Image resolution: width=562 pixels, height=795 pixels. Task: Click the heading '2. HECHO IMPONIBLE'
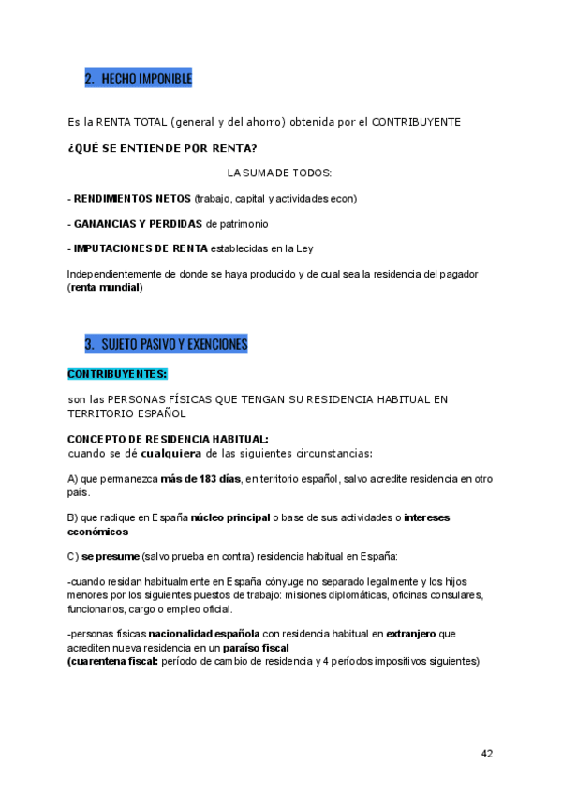[x=138, y=80]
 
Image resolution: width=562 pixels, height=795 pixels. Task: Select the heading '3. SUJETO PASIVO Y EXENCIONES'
[x=166, y=344]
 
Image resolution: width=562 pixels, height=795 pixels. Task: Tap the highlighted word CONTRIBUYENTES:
[x=117, y=374]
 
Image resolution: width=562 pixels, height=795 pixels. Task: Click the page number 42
[x=487, y=754]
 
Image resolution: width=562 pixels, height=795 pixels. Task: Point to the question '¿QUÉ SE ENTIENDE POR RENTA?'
[x=162, y=148]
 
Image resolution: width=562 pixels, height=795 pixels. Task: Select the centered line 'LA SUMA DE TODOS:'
[x=279, y=173]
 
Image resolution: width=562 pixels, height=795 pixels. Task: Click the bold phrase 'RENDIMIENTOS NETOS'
[x=132, y=199]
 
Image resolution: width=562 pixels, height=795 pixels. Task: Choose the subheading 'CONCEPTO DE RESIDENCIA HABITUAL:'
[x=168, y=439]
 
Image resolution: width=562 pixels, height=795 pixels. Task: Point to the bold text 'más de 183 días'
[x=200, y=479]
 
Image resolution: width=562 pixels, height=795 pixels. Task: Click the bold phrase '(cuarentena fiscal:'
[x=112, y=661]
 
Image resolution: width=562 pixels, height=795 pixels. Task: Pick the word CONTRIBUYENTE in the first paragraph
[x=416, y=123]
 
